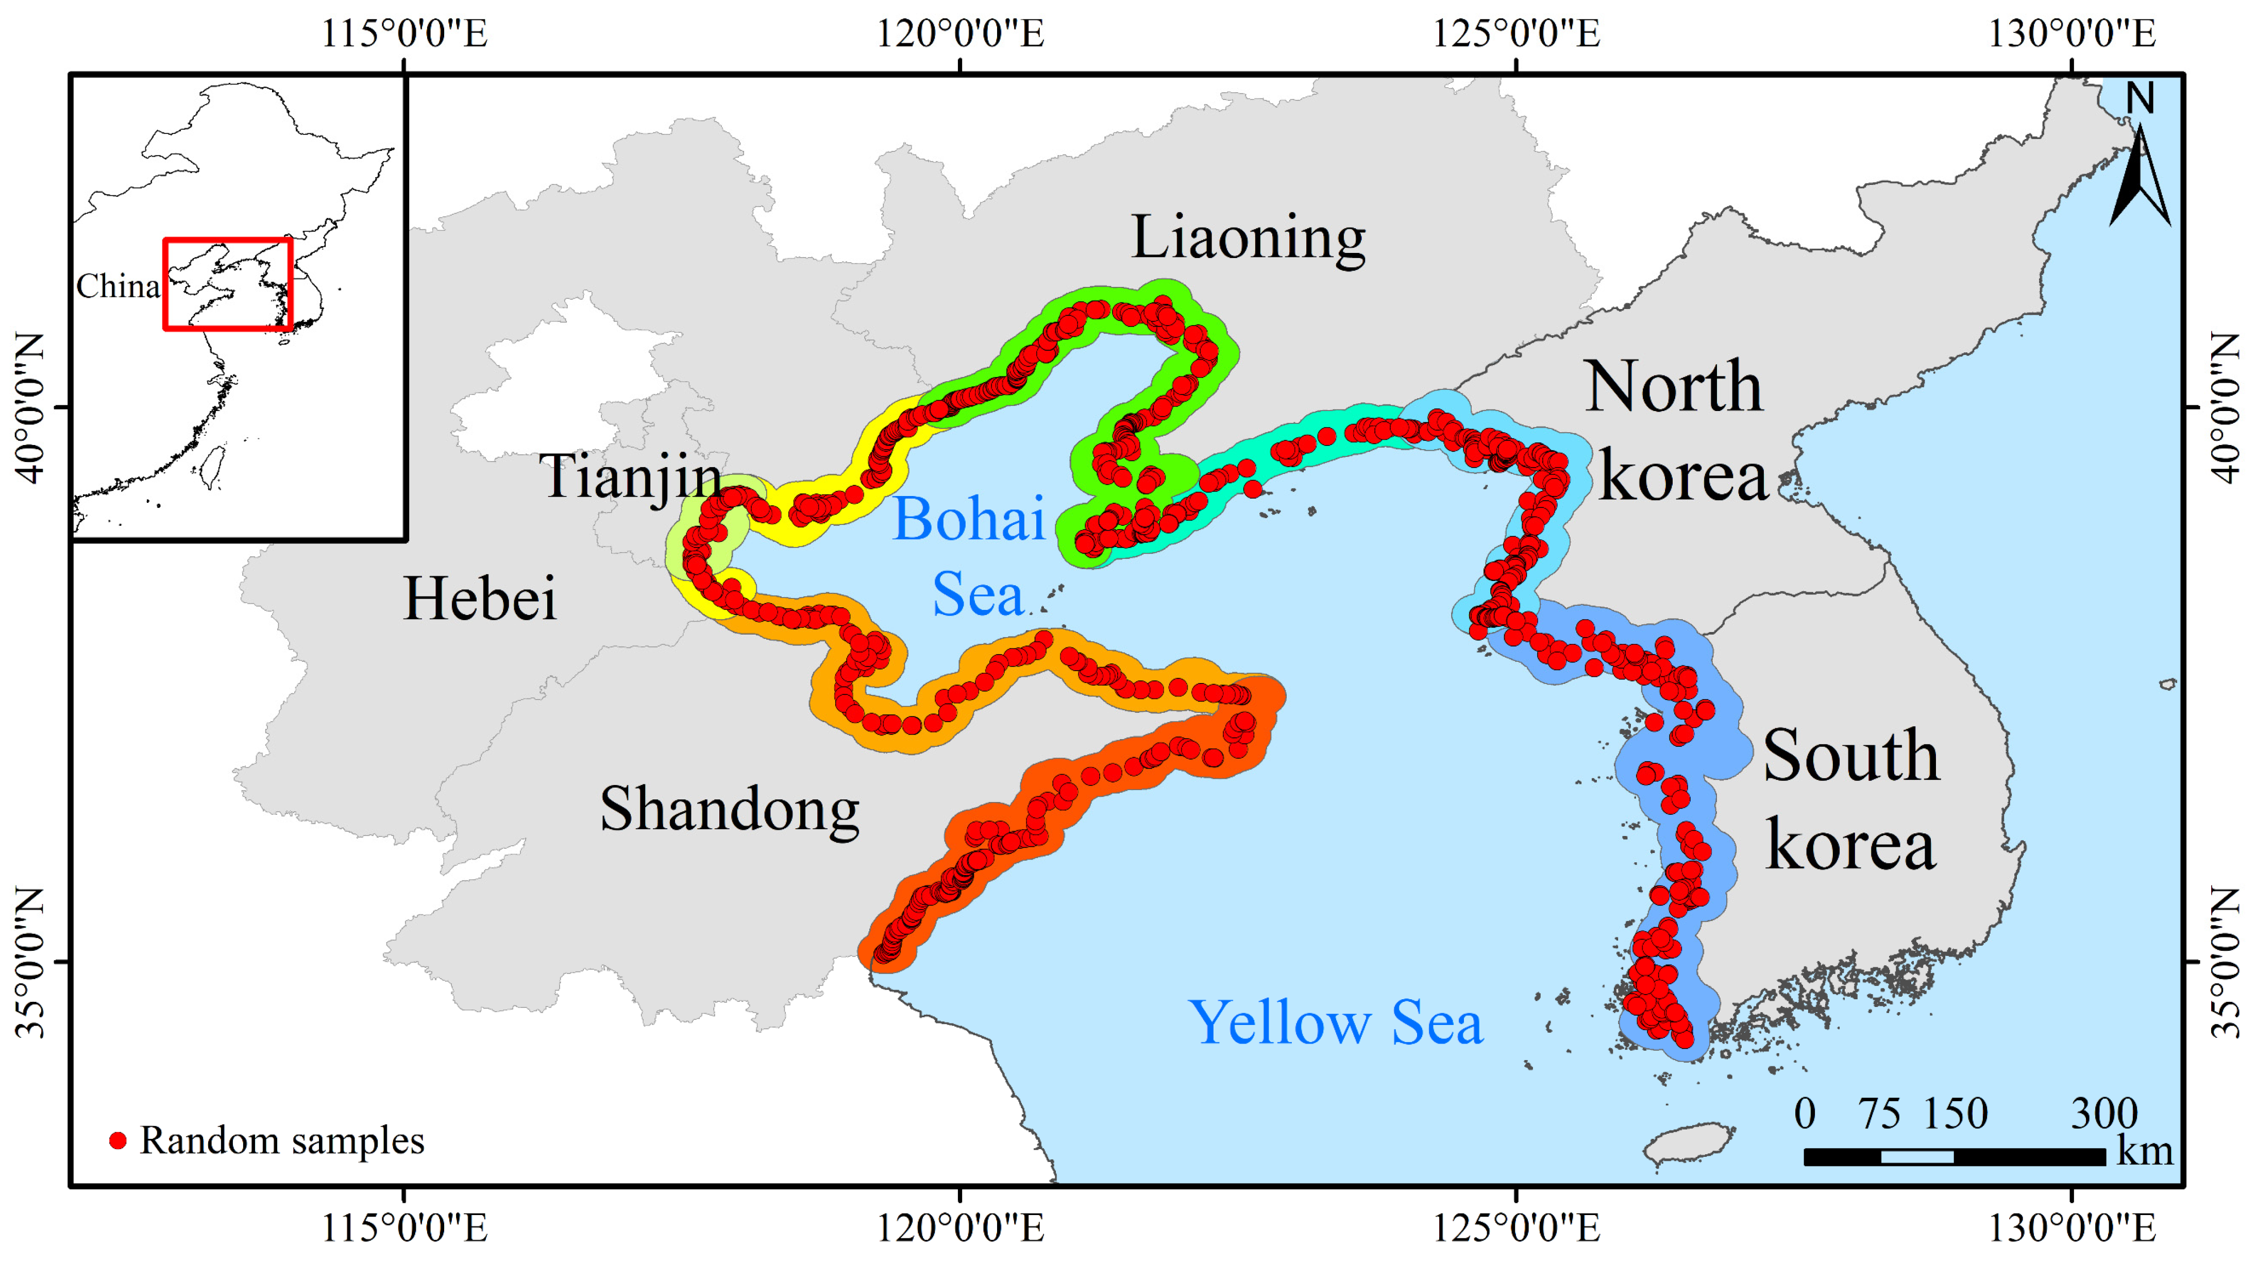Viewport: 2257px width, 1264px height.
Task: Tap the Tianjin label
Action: pyautogui.click(x=631, y=477)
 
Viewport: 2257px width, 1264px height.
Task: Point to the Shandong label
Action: pyautogui.click(x=729, y=809)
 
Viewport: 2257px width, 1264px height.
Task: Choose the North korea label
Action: pyautogui.click(x=1675, y=431)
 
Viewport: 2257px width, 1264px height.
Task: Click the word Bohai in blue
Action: pyautogui.click(x=968, y=519)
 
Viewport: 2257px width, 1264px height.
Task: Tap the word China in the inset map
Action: pyautogui.click(x=117, y=286)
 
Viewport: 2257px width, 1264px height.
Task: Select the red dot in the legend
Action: pyautogui.click(x=117, y=1140)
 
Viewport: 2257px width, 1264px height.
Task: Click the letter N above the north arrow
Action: pyautogui.click(x=2141, y=98)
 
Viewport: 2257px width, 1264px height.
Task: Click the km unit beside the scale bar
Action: pyautogui.click(x=2144, y=1151)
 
